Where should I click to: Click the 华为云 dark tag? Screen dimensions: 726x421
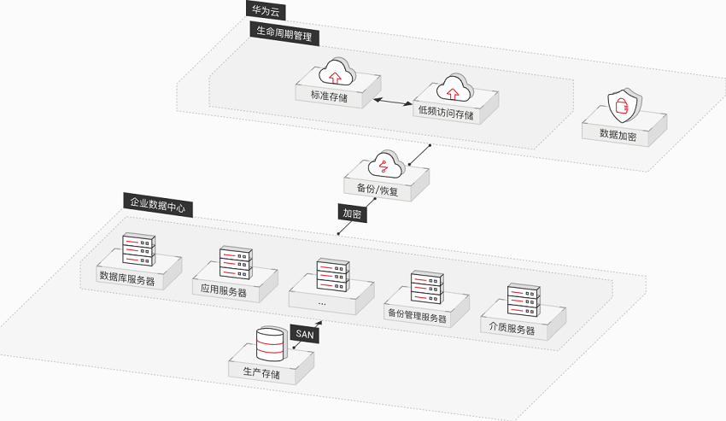(266, 10)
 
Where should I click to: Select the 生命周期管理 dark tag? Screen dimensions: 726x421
(284, 33)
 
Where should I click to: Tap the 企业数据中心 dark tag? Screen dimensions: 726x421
(158, 205)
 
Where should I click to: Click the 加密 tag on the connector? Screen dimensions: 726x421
(353, 213)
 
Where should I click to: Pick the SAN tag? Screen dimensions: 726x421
(305, 334)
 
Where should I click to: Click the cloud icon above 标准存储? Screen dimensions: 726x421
(337, 72)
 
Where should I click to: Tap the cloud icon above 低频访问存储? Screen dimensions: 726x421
(455, 88)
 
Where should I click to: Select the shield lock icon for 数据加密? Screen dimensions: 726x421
(624, 106)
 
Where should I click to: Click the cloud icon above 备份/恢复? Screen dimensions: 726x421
(386, 164)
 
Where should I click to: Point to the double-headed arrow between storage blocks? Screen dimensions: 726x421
(392, 101)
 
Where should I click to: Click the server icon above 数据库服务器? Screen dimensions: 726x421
(139, 249)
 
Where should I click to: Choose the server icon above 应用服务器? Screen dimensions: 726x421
(236, 263)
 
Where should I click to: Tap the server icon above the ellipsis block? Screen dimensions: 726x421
(333, 275)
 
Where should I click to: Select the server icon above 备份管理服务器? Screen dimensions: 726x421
(427, 287)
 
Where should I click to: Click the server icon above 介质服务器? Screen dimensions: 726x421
(524, 300)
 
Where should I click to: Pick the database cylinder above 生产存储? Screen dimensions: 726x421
(271, 345)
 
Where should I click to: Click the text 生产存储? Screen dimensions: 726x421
(261, 372)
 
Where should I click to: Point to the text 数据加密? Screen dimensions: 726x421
(618, 135)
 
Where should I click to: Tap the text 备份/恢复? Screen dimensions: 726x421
(378, 190)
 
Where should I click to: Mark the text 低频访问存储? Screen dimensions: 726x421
(446, 113)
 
